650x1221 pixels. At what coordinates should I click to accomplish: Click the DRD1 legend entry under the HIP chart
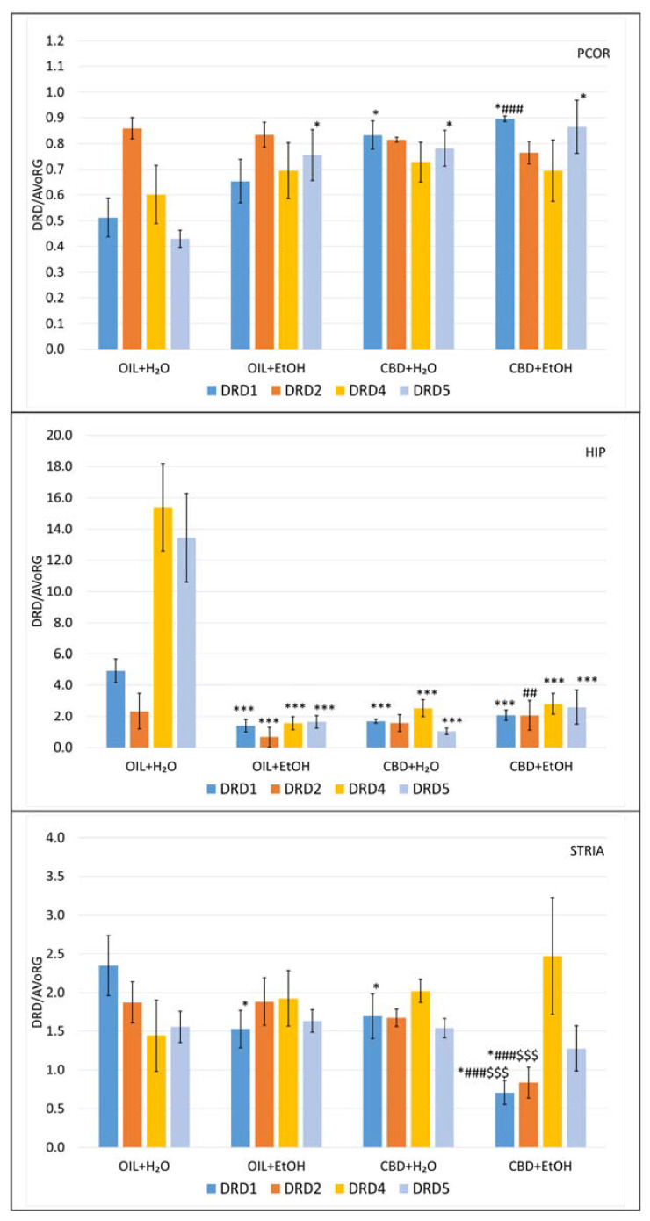[227, 787]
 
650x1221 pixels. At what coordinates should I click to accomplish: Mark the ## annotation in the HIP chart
[529, 693]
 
